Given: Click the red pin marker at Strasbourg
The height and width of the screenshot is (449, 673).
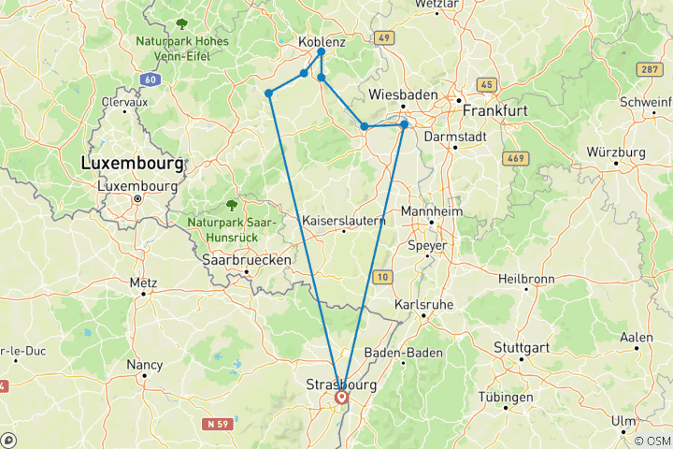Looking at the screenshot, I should coord(342,398).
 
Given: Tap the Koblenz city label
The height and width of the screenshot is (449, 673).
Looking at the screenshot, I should coord(322,42).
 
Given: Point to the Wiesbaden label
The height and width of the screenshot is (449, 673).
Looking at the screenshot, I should coord(404,94).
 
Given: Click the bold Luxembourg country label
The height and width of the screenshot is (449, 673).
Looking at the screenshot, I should coord(133,163).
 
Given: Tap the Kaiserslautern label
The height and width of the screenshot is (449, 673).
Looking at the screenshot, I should coord(344,220).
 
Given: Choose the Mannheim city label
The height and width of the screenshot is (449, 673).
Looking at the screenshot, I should coord(432,211).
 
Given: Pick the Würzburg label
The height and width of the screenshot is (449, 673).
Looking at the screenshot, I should coord(616,152).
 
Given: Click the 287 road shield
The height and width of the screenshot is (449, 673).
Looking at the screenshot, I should coord(649,69).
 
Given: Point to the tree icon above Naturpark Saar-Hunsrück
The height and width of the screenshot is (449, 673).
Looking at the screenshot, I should coord(232,204).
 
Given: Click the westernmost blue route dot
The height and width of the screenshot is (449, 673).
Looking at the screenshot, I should coord(268,93).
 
